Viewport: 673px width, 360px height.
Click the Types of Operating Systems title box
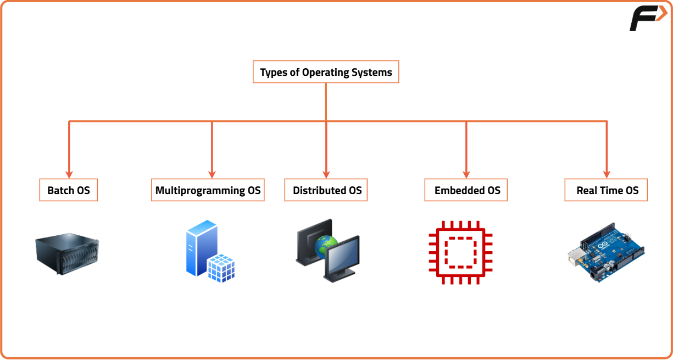(x=326, y=72)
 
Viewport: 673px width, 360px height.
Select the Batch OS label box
(x=69, y=190)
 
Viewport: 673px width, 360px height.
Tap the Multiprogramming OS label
(x=208, y=190)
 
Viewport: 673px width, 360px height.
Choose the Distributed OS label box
(x=326, y=190)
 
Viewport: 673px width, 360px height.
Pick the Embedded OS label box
(x=466, y=190)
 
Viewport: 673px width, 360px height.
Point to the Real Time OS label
(x=607, y=190)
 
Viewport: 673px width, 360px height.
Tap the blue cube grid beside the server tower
(x=221, y=268)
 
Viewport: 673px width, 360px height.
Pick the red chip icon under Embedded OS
(x=460, y=252)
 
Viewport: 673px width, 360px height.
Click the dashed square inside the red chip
(x=460, y=252)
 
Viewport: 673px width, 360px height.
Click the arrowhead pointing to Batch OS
(x=69, y=172)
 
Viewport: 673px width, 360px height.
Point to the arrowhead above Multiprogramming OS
(x=212, y=172)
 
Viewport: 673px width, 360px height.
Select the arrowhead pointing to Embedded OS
(x=466, y=172)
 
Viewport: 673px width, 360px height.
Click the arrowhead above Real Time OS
(x=607, y=172)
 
